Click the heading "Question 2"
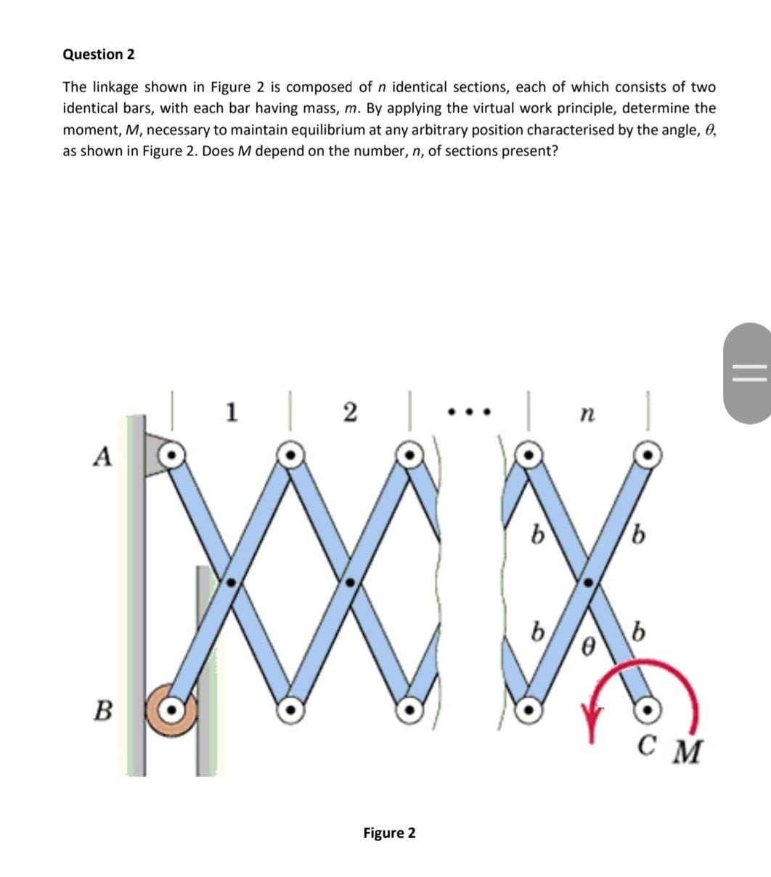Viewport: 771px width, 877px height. tap(98, 54)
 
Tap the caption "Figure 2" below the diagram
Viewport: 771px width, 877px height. tap(389, 833)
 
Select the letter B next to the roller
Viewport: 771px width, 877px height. tap(105, 709)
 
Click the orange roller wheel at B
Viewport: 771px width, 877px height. tap(171, 708)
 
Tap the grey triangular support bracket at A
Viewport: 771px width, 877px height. tap(154, 455)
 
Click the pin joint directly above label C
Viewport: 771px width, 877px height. tap(648, 708)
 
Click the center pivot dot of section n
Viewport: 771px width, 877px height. tap(589, 582)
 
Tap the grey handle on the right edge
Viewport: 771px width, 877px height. tap(748, 373)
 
